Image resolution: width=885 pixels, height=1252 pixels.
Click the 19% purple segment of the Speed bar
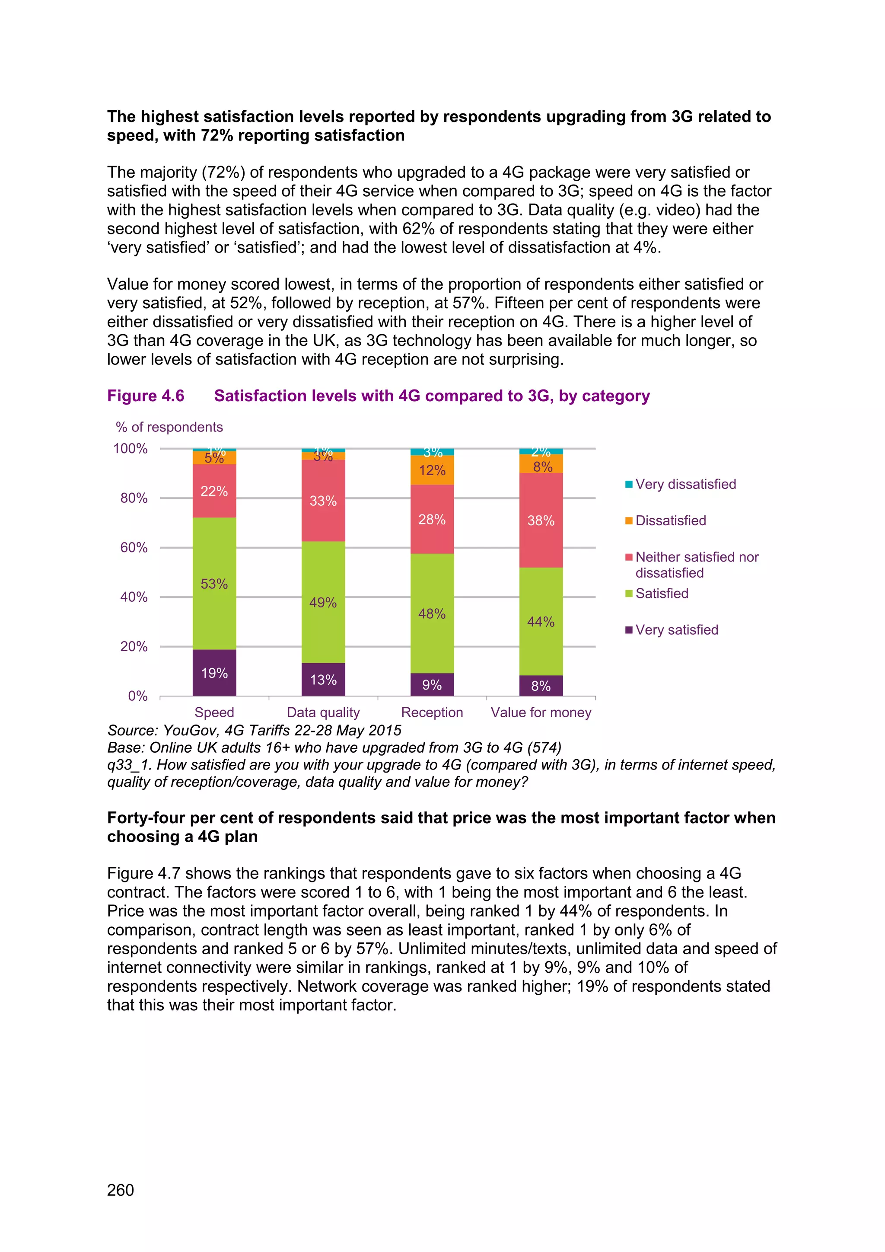pos(214,672)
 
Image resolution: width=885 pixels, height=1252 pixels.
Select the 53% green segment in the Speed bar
pos(214,584)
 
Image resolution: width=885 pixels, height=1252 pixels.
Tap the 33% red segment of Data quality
pos(323,501)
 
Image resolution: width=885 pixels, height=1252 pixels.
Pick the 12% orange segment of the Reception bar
pos(432,470)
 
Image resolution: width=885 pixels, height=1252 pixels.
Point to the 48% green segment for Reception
pos(432,613)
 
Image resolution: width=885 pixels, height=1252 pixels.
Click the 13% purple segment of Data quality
pos(323,680)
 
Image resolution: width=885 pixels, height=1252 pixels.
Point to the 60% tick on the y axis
pos(134,547)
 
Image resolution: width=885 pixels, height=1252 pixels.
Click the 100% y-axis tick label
pos(131,448)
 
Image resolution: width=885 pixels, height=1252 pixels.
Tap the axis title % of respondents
pos(169,427)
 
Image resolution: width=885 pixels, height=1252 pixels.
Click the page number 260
pos(121,1190)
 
